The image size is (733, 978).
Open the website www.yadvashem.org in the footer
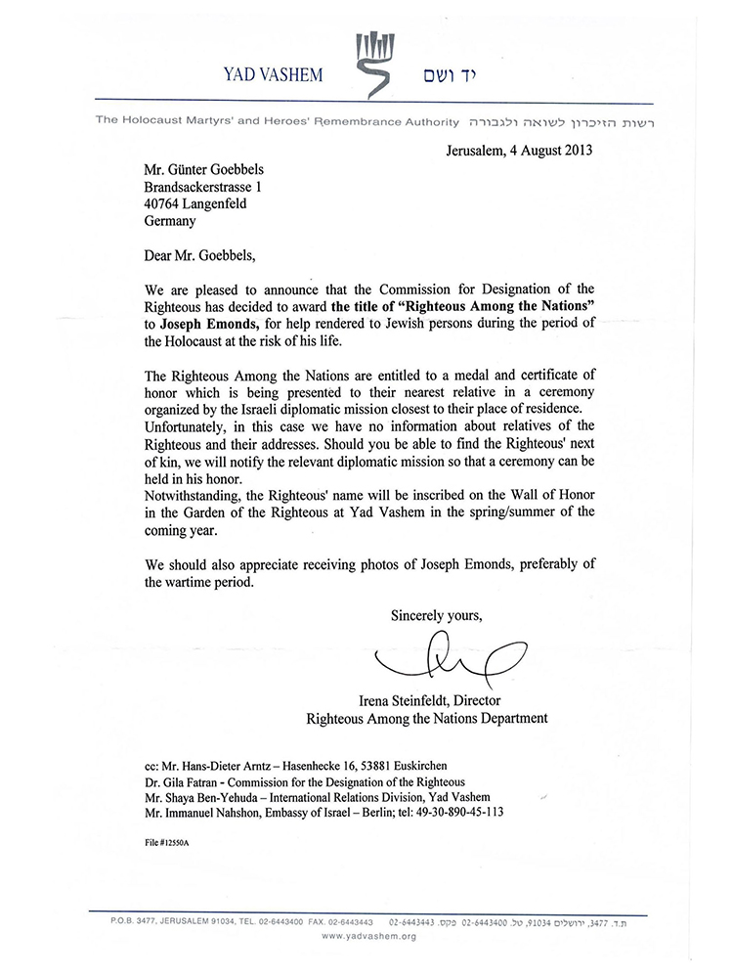[369, 936]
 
